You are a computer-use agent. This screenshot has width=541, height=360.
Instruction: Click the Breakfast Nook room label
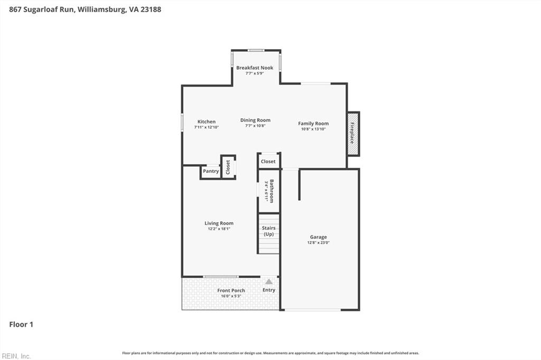point(255,68)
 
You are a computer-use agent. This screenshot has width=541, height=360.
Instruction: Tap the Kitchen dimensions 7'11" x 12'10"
point(207,127)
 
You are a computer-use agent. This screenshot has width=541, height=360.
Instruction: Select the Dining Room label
point(255,120)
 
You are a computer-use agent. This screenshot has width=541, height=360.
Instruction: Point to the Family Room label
point(313,124)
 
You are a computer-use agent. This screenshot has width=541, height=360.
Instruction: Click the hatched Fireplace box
point(353,134)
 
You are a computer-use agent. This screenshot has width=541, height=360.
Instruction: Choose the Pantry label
point(211,171)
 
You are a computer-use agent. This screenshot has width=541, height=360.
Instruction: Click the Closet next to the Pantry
point(228,167)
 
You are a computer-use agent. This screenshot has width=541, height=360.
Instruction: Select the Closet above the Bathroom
point(268,162)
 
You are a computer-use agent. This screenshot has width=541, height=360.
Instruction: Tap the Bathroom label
point(272,191)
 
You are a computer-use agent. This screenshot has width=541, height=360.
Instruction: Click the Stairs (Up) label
point(269,231)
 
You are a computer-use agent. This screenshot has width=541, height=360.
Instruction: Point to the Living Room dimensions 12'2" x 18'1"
point(219,229)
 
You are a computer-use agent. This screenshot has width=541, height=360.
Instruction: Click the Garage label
point(318,237)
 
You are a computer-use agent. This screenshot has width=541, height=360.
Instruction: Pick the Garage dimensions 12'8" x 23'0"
point(319,242)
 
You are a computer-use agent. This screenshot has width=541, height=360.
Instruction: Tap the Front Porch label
point(231,290)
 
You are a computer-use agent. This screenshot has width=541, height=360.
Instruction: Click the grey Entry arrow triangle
point(269,282)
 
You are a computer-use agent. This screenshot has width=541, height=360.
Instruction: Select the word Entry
point(269,290)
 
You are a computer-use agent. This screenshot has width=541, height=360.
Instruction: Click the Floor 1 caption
point(21,325)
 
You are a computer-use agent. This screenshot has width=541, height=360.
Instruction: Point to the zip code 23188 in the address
point(151,10)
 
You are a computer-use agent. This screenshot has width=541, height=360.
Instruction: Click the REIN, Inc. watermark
point(16,356)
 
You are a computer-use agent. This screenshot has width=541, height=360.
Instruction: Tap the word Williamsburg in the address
point(101,10)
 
